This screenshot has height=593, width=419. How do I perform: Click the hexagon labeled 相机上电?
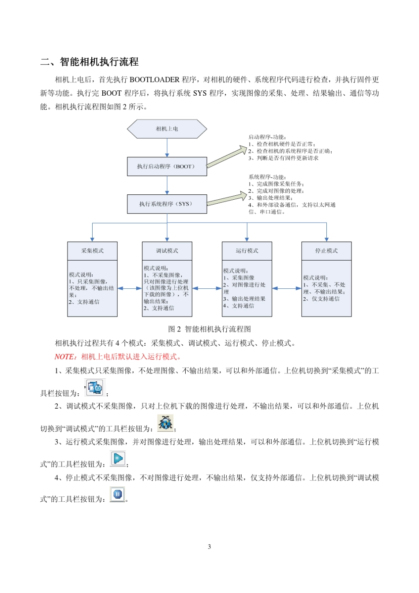[167, 129]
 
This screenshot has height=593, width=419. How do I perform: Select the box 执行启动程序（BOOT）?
[167, 167]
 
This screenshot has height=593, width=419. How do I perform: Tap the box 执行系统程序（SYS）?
[167, 204]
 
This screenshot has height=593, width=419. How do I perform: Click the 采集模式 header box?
[92, 251]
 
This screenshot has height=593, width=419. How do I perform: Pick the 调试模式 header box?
[167, 251]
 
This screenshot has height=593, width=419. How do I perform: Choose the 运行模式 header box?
[247, 251]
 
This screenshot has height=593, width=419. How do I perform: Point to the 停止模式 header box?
[326, 251]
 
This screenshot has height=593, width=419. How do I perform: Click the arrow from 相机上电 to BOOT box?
[167, 148]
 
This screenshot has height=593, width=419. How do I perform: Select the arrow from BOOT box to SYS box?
[167, 185]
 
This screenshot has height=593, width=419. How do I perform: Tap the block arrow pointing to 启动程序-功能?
[227, 157]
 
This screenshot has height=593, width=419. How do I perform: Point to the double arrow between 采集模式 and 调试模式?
[130, 288]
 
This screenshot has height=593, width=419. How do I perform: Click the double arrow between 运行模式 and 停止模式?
[287, 288]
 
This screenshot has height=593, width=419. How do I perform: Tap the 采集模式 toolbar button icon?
[95, 388]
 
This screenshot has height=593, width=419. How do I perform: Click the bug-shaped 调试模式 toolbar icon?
[165, 423]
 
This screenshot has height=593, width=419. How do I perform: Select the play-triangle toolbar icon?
[118, 459]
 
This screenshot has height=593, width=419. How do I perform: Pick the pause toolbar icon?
[117, 494]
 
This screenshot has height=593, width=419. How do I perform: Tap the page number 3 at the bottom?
[209, 547]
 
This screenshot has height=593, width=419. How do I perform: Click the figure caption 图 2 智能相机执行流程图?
[209, 329]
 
